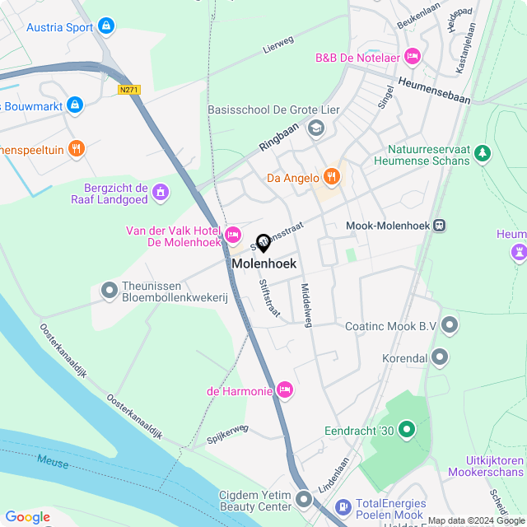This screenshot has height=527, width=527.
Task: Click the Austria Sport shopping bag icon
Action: [105, 26]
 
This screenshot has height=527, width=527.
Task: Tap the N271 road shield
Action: [128, 89]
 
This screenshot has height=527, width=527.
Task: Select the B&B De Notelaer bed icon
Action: [413, 57]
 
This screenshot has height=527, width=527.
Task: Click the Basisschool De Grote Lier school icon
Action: [315, 128]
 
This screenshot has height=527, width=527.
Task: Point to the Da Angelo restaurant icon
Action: [331, 176]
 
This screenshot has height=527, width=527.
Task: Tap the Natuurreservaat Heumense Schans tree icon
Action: [483, 152]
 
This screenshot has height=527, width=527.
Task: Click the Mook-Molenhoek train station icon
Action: [441, 225]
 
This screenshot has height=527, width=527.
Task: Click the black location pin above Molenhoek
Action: [263, 243]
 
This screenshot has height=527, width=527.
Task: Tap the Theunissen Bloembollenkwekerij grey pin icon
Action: [109, 290]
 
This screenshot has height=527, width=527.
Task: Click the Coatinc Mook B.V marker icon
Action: [450, 326]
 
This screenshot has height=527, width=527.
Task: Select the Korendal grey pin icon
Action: [440, 358]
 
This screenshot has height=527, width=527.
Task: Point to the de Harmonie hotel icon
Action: [285, 390]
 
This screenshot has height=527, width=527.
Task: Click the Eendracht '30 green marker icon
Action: [406, 430]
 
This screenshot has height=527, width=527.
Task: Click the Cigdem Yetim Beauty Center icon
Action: [304, 500]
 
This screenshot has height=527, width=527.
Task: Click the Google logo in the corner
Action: [27, 516]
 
